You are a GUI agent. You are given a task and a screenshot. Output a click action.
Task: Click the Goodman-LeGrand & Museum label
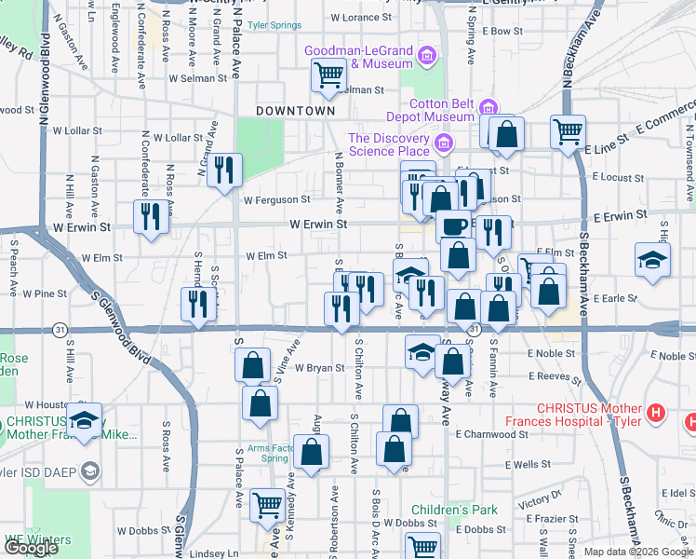(x=356, y=57)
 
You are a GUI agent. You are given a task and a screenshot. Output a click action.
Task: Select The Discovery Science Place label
(x=389, y=144)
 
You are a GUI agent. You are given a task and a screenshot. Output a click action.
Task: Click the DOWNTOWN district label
(x=295, y=110)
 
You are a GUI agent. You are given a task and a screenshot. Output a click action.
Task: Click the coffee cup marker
(x=453, y=225)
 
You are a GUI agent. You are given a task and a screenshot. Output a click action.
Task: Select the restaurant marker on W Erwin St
(x=151, y=215)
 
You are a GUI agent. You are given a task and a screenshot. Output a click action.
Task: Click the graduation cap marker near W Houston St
(x=85, y=421)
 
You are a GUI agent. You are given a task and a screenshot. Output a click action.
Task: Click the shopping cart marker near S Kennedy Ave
(x=268, y=505)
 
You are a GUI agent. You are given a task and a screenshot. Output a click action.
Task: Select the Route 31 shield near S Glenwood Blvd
(x=60, y=330)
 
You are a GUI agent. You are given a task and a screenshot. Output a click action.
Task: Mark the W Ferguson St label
(x=276, y=199)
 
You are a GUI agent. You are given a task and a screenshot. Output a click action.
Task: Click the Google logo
(x=32, y=548)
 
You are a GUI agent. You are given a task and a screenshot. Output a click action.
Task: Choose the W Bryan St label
(x=320, y=368)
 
